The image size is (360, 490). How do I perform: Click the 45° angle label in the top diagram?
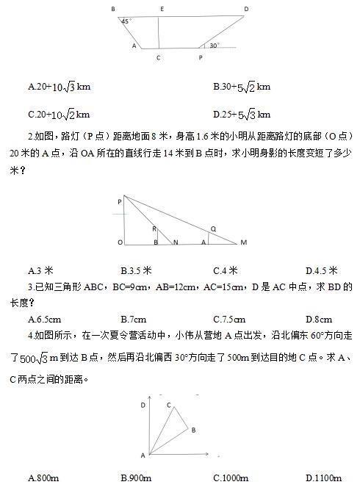pyautogui.click(x=126, y=21)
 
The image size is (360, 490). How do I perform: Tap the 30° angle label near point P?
pyautogui.click(x=213, y=46)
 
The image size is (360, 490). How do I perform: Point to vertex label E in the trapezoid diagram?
pyautogui.click(x=161, y=9)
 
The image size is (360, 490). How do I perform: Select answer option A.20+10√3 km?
pyautogui.click(x=59, y=87)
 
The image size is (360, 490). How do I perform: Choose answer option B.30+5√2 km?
pyautogui.click(x=242, y=87)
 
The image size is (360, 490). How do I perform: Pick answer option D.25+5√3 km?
pyautogui.click(x=242, y=114)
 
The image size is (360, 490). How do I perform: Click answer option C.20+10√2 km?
pyautogui.click(x=59, y=114)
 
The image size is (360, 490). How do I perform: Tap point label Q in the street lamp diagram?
pyautogui.click(x=213, y=228)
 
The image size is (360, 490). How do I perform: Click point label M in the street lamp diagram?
pyautogui.click(x=243, y=242)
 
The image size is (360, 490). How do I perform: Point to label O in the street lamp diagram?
pyautogui.click(x=120, y=242)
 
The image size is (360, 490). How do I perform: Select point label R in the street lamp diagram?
pyautogui.click(x=154, y=228)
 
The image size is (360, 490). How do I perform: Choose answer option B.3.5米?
pyautogui.click(x=136, y=270)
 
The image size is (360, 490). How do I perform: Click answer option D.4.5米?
pyautogui.click(x=321, y=270)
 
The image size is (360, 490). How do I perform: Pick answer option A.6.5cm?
pyautogui.click(x=44, y=320)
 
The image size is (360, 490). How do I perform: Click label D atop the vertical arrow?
pyautogui.click(x=143, y=405)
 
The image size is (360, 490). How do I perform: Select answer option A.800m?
pyautogui.click(x=43, y=478)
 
